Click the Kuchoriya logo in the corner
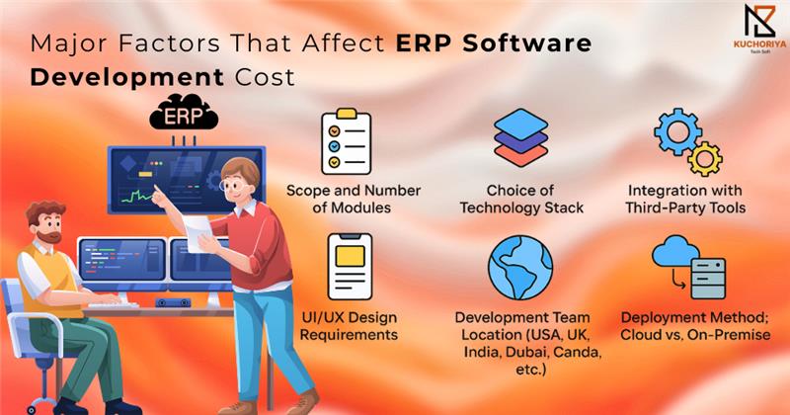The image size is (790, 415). click(x=759, y=29)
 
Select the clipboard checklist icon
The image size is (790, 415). click(x=347, y=141)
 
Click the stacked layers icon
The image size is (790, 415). click(x=521, y=137)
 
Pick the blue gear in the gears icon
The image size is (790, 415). click(x=677, y=132)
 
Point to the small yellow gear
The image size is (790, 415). click(x=705, y=159)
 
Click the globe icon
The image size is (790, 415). click(x=520, y=268)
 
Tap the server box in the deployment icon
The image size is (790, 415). click(x=708, y=279)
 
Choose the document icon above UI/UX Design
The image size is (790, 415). click(x=350, y=266)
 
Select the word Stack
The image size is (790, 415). click(x=565, y=207)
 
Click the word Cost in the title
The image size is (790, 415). click(x=265, y=78)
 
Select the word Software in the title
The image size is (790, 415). click(x=527, y=42)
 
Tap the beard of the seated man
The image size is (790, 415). click(x=48, y=235)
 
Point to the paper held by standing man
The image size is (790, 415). click(x=197, y=233)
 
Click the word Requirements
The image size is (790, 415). click(x=349, y=335)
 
